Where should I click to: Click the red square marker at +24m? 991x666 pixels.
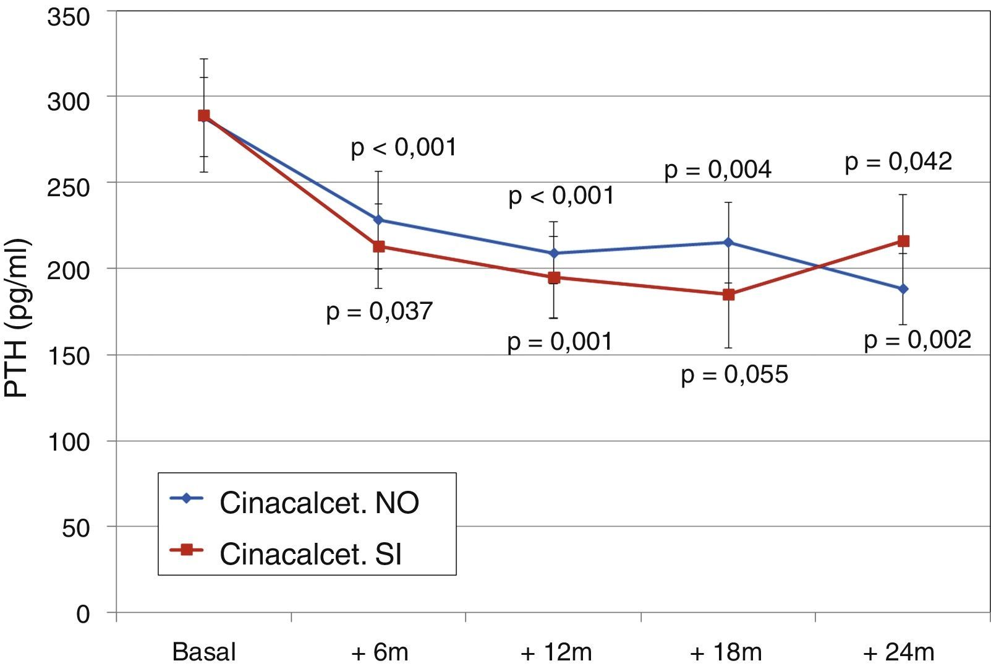[903, 241]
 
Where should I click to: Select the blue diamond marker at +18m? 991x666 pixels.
[728, 242]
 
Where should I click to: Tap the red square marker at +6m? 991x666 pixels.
[378, 246]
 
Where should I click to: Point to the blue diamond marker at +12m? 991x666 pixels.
[553, 253]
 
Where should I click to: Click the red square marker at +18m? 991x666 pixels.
[728, 295]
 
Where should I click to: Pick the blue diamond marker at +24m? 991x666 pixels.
[903, 289]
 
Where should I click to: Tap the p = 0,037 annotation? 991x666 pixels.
[380, 311]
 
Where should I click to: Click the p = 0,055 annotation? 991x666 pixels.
[734, 374]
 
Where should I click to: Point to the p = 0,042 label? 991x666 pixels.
[898, 162]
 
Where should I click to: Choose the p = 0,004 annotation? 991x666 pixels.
[718, 170]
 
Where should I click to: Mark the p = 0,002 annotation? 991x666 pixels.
[917, 340]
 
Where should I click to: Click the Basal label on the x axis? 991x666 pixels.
[204, 652]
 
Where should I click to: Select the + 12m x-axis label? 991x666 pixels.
[556, 652]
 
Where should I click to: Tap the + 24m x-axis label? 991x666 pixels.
[899, 652]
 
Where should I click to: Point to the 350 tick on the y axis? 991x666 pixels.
[68, 17]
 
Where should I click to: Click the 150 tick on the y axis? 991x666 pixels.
[68, 355]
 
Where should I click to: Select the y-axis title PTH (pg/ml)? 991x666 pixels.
[17, 318]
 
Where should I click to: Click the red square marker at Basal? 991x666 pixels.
[203, 116]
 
